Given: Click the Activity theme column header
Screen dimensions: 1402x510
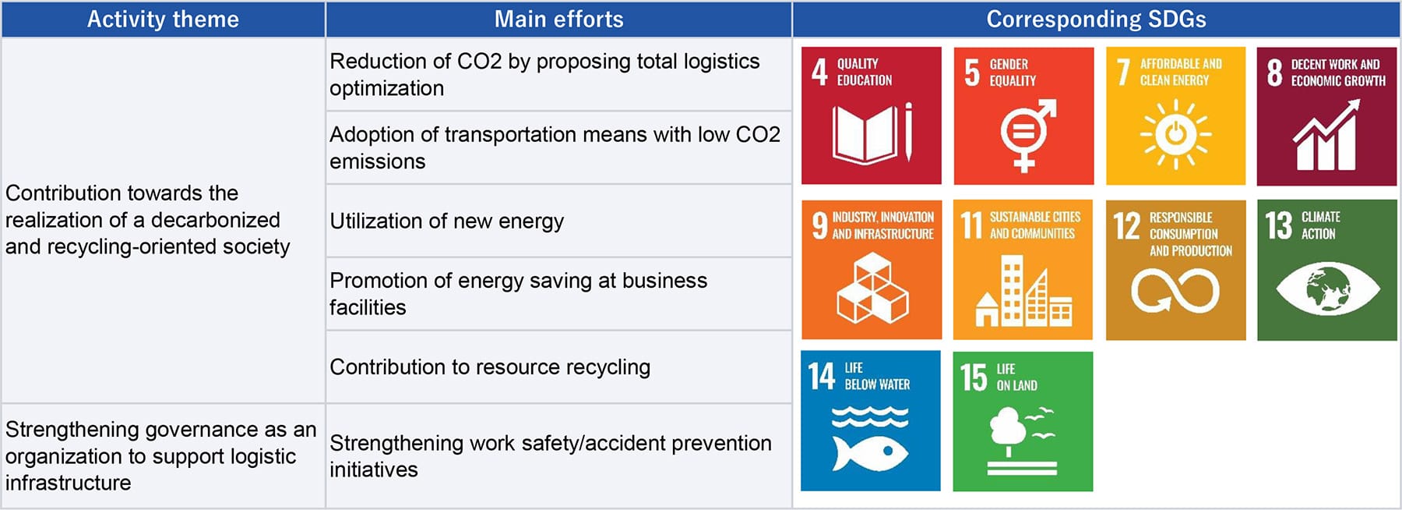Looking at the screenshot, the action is [x=163, y=19].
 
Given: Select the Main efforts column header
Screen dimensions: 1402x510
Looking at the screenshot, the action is [x=558, y=19].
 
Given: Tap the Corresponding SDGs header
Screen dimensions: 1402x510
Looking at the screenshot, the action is [x=1096, y=19].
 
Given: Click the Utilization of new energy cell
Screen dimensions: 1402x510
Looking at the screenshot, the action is [x=558, y=221].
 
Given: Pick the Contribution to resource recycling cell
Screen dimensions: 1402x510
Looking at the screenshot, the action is [x=558, y=367].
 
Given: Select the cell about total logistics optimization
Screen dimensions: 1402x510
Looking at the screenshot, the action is [x=558, y=75].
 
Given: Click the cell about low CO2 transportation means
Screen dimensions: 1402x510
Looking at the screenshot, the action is [x=558, y=148].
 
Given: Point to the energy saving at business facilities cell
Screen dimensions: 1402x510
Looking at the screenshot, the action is [x=558, y=294].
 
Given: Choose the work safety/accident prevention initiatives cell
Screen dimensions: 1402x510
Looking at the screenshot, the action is [x=558, y=456].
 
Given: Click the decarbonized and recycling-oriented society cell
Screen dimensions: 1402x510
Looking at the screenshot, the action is [x=163, y=220].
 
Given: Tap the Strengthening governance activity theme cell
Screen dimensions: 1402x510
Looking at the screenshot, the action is [x=163, y=456].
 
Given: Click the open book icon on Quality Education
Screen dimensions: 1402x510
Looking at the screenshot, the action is [x=864, y=134].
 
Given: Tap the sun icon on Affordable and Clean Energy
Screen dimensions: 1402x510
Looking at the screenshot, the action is [x=1176, y=134].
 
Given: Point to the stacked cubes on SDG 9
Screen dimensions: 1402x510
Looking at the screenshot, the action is [x=872, y=289].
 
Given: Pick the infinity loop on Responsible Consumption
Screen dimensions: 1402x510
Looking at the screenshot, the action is [x=1175, y=290].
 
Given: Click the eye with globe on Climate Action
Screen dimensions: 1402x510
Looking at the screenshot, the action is [x=1328, y=289].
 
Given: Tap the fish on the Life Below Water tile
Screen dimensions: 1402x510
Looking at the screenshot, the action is [x=870, y=453].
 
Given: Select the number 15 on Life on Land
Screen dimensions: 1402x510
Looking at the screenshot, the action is [x=974, y=377].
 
